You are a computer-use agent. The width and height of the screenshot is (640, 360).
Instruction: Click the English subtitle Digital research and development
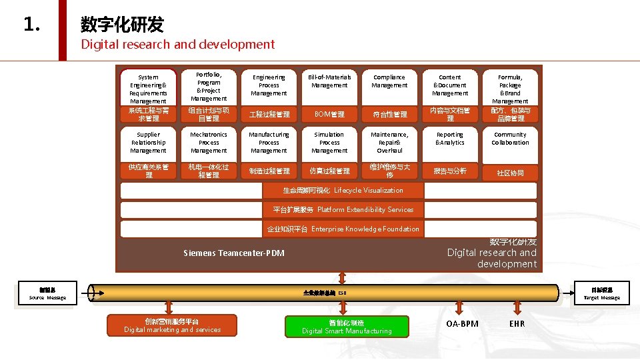point(177,45)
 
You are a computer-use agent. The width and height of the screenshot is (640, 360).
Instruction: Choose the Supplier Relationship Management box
point(148,143)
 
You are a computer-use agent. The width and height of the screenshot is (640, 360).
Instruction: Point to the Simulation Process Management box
point(329,143)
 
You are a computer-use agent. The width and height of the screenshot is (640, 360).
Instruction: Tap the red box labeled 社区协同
point(510,173)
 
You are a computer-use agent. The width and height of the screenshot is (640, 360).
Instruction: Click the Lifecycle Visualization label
point(343,191)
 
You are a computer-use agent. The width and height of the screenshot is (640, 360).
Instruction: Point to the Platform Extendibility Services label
point(343,209)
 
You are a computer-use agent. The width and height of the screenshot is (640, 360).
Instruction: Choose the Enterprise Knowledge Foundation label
point(343,229)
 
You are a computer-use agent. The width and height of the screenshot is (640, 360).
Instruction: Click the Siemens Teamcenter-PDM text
point(233,253)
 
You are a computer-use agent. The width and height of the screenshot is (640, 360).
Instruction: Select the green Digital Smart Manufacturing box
point(346,327)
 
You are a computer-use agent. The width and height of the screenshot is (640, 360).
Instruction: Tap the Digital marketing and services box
point(172,325)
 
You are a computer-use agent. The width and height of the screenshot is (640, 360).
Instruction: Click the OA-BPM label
point(462,324)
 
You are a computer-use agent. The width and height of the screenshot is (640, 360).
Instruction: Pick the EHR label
point(517,324)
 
